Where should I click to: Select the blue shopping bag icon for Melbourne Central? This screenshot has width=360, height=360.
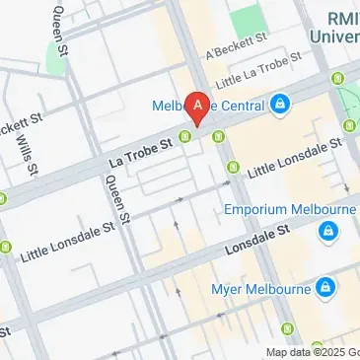click(x=280, y=103)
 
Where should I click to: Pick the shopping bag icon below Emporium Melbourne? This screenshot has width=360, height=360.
click(x=324, y=232)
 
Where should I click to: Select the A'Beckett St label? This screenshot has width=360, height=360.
click(x=234, y=44)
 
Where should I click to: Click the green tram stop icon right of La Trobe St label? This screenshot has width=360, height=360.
click(x=184, y=135)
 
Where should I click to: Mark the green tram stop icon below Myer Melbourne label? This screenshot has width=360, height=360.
click(x=287, y=327)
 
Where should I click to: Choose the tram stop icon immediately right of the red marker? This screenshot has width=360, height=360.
click(x=218, y=135)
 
